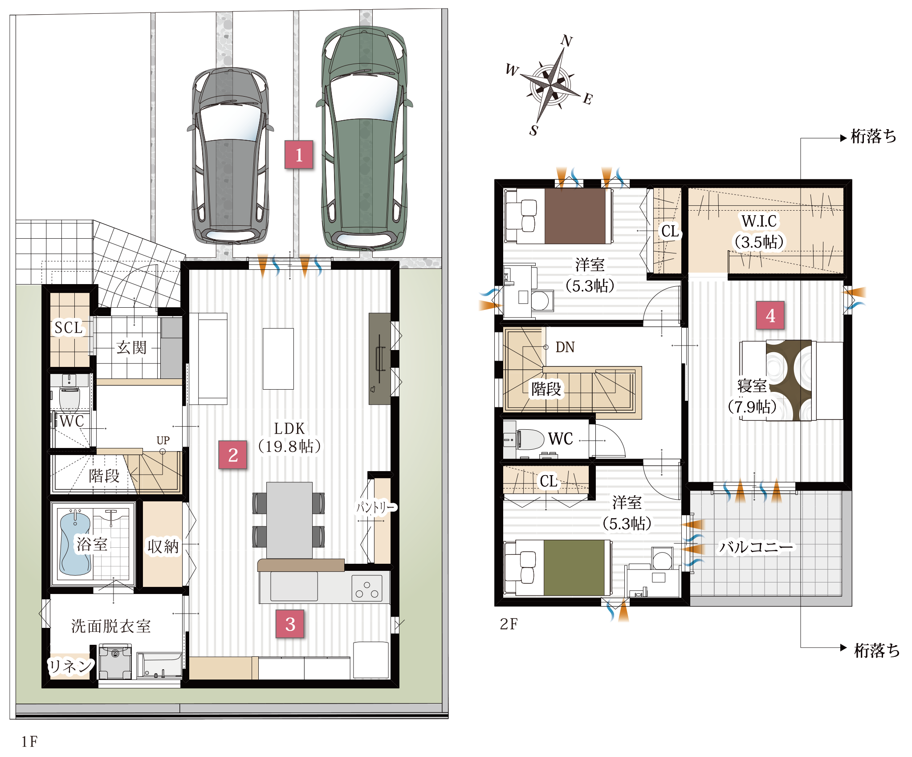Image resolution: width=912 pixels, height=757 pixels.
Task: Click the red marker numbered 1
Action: [x=299, y=155]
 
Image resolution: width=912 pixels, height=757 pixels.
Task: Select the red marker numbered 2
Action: [x=232, y=455]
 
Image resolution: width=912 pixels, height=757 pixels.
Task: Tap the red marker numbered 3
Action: [x=290, y=624]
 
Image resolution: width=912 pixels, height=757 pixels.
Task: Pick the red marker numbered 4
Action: [x=770, y=315]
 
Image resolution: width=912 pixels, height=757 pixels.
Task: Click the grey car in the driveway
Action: [x=230, y=156]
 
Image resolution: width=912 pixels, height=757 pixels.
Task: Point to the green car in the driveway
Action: [x=364, y=138]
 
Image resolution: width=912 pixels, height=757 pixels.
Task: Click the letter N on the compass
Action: [x=566, y=41]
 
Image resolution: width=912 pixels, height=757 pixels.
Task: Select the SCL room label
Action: [x=69, y=328]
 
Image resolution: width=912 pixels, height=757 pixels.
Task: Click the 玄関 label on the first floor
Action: [x=131, y=347]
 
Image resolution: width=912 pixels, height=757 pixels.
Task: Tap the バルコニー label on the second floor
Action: [x=756, y=547]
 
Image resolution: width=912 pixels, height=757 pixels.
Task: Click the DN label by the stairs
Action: [x=565, y=347]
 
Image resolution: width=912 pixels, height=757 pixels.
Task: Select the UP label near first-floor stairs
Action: [x=163, y=440]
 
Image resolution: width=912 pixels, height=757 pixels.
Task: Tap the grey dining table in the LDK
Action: [x=289, y=520]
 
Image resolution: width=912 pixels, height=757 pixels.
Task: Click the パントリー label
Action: [x=375, y=507]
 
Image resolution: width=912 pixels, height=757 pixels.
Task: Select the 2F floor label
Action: [x=509, y=624]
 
